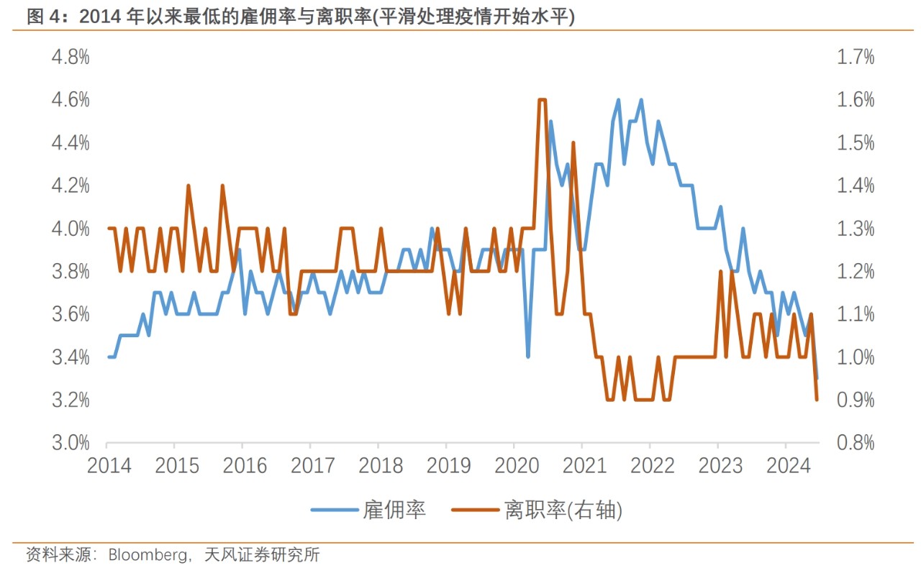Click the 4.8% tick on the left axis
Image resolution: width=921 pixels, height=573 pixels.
point(71,58)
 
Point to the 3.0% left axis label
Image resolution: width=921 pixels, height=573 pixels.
point(71,443)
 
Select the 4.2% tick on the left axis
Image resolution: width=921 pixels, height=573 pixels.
point(71,186)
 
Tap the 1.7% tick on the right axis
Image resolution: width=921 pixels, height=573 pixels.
point(856,58)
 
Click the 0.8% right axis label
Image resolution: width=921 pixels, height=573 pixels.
point(856,443)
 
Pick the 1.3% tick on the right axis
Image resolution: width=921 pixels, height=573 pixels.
point(856,229)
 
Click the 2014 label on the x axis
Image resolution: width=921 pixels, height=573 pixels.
point(109,465)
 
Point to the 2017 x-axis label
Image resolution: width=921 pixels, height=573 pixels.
point(312,465)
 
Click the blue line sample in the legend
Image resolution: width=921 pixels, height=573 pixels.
point(335,510)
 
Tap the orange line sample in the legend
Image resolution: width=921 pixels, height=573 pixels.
point(475,510)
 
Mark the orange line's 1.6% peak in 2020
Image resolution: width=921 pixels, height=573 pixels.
point(543,100)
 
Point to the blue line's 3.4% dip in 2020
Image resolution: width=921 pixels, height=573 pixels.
point(529,357)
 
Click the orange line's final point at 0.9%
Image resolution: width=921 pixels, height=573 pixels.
point(817,400)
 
